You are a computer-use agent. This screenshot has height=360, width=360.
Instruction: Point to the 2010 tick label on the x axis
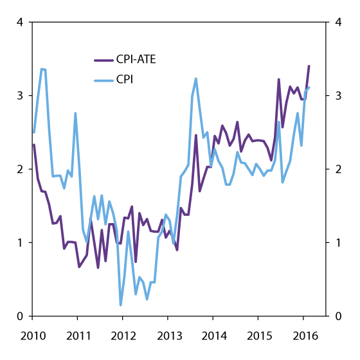point(32,336)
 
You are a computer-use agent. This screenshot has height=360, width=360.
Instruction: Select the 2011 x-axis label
point(77,336)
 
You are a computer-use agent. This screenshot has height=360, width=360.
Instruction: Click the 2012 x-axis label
point(122,336)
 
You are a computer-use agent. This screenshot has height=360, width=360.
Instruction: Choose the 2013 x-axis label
point(167,336)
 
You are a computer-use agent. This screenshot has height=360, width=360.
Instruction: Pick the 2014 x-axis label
point(213,336)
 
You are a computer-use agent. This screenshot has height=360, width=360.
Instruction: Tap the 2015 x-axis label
point(258,336)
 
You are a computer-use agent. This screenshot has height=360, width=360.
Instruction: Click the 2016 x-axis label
point(303,336)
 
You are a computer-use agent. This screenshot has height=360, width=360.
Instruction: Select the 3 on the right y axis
point(339,96)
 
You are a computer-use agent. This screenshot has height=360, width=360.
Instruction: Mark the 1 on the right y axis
point(339,243)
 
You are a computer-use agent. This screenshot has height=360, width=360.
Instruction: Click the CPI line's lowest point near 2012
point(121,305)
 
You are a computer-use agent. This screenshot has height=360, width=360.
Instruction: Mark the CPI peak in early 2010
point(42,69)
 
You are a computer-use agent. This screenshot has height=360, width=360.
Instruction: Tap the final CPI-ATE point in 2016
point(309,66)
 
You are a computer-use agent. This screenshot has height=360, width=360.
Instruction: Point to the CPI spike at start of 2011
point(75,113)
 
